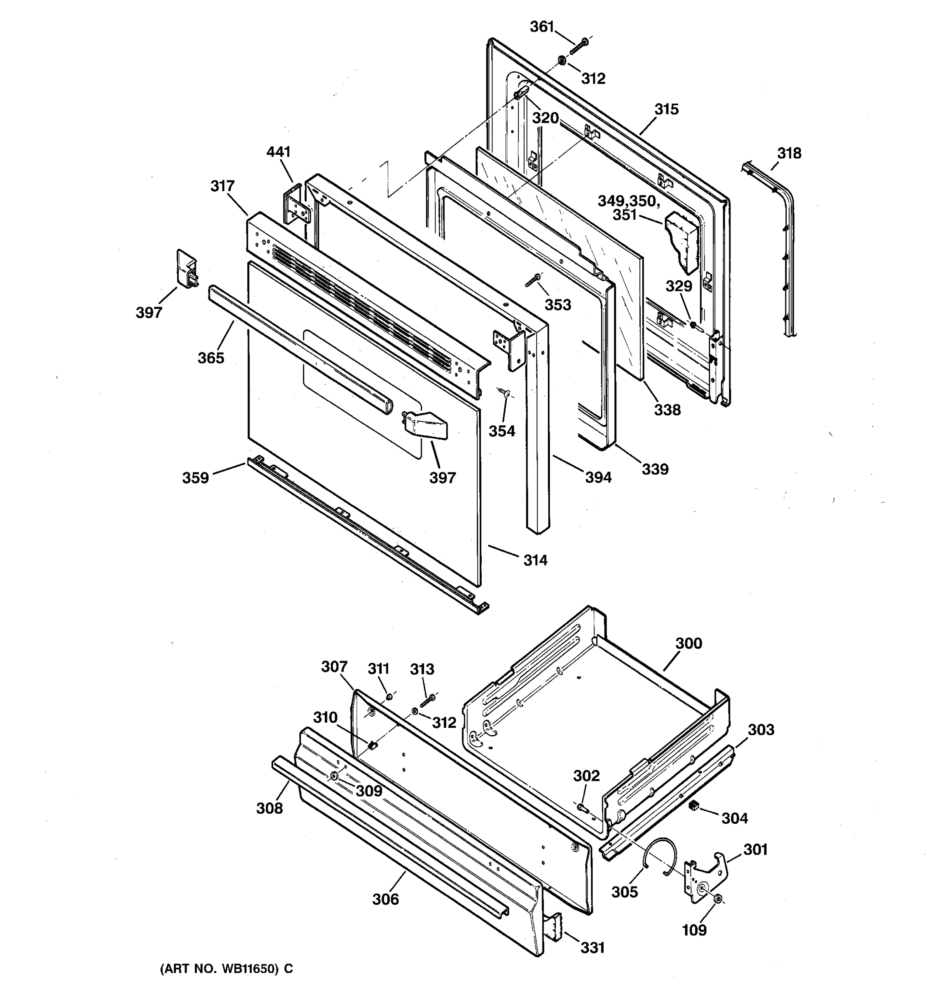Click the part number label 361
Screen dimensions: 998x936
click(x=542, y=27)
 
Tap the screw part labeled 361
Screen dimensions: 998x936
click(x=579, y=49)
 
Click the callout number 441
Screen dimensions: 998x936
click(x=278, y=152)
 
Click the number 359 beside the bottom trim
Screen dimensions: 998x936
click(x=196, y=477)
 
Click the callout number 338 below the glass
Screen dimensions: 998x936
click(x=667, y=410)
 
